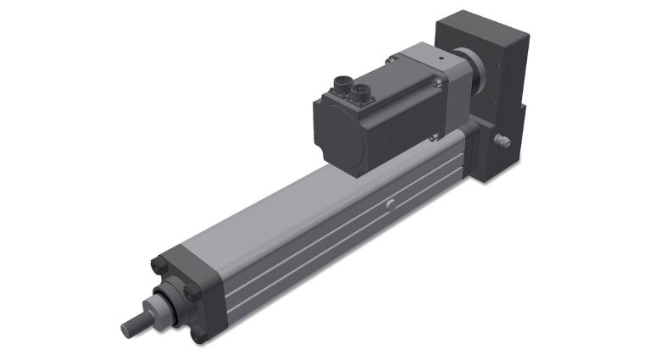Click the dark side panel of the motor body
click(x=398, y=127)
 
